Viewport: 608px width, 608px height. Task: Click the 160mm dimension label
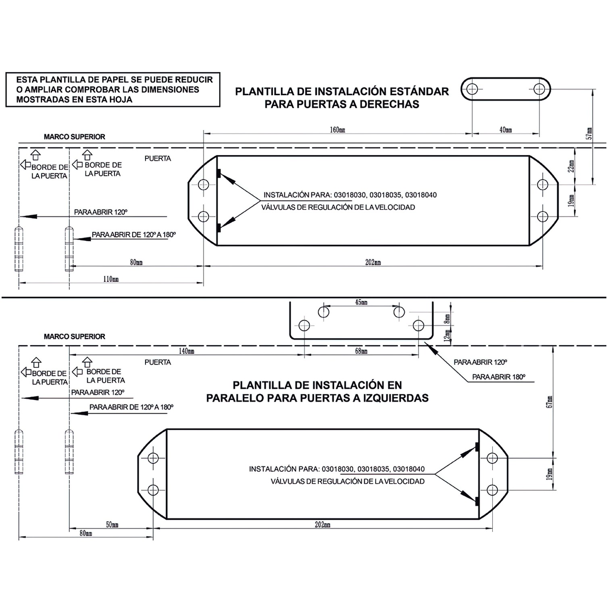[337, 130]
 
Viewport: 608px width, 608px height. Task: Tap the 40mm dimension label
[506, 130]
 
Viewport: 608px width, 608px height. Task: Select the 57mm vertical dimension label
[589, 133]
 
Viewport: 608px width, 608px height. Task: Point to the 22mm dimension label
[571, 166]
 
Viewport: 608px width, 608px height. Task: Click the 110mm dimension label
[111, 279]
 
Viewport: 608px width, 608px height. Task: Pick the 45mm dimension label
[361, 302]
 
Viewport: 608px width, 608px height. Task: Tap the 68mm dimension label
[361, 351]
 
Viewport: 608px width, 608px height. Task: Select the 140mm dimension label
[187, 351]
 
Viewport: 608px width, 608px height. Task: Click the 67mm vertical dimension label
[549, 402]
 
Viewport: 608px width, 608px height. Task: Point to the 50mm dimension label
[112, 525]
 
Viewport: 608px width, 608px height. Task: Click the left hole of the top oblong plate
[472, 89]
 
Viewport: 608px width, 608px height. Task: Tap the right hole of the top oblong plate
[539, 89]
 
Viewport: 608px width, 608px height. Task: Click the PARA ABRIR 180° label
[499, 377]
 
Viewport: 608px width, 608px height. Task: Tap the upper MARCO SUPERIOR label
[75, 137]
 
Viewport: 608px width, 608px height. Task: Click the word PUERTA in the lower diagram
[158, 362]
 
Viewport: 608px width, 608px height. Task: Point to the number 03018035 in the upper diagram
[385, 195]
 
